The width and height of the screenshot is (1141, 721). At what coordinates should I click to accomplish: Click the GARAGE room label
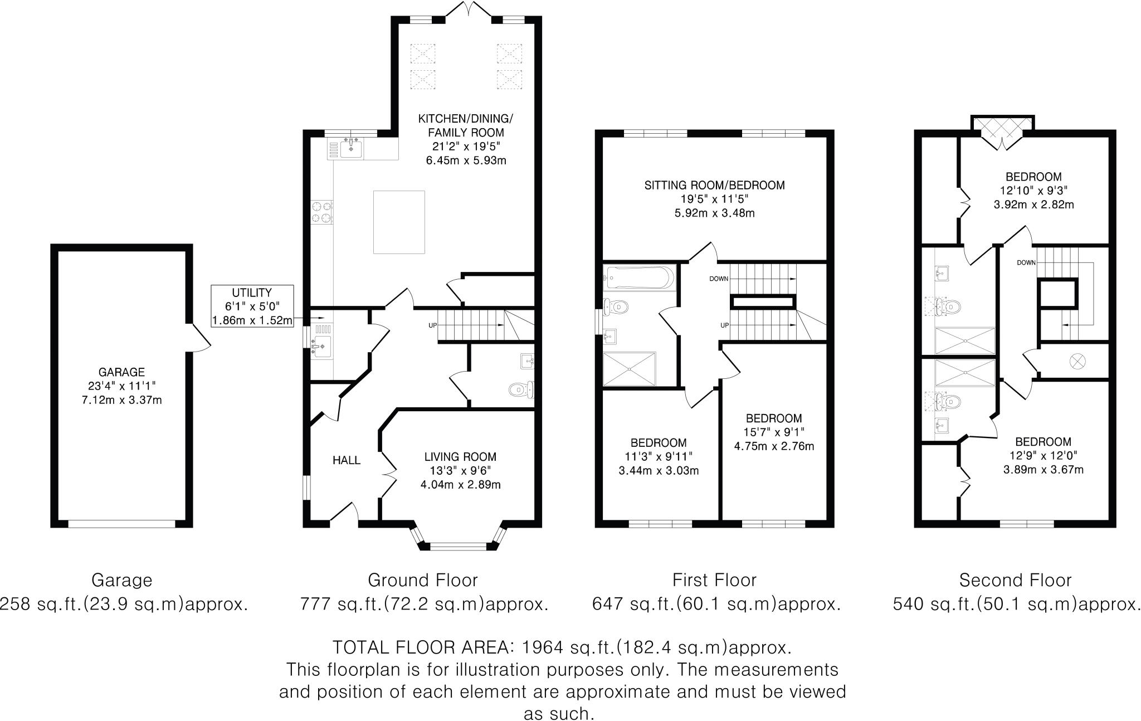click(x=121, y=372)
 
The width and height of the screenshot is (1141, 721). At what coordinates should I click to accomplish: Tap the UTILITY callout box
click(x=252, y=306)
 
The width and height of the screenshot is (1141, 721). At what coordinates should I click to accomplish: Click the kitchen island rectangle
click(x=399, y=222)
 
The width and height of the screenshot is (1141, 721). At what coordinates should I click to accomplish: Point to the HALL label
click(x=346, y=460)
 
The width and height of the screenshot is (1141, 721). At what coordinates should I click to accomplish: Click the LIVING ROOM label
click(x=460, y=457)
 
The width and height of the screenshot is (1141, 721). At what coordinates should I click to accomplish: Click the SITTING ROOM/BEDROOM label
click(x=714, y=186)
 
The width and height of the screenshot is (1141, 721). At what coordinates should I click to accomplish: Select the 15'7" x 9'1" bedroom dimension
click(x=774, y=432)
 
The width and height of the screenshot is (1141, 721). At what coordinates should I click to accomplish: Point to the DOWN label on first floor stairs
click(x=719, y=279)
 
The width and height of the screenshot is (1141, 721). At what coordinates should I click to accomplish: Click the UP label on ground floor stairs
click(x=432, y=325)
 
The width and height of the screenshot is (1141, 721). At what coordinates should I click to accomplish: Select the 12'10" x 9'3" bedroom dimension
click(x=1033, y=191)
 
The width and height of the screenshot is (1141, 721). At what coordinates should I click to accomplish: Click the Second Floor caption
click(x=1015, y=581)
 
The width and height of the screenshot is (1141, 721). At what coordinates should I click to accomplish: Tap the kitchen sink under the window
click(x=351, y=148)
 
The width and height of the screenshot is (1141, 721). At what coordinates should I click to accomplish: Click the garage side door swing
click(x=199, y=337)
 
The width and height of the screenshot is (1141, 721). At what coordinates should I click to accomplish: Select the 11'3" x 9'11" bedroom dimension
click(x=659, y=456)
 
